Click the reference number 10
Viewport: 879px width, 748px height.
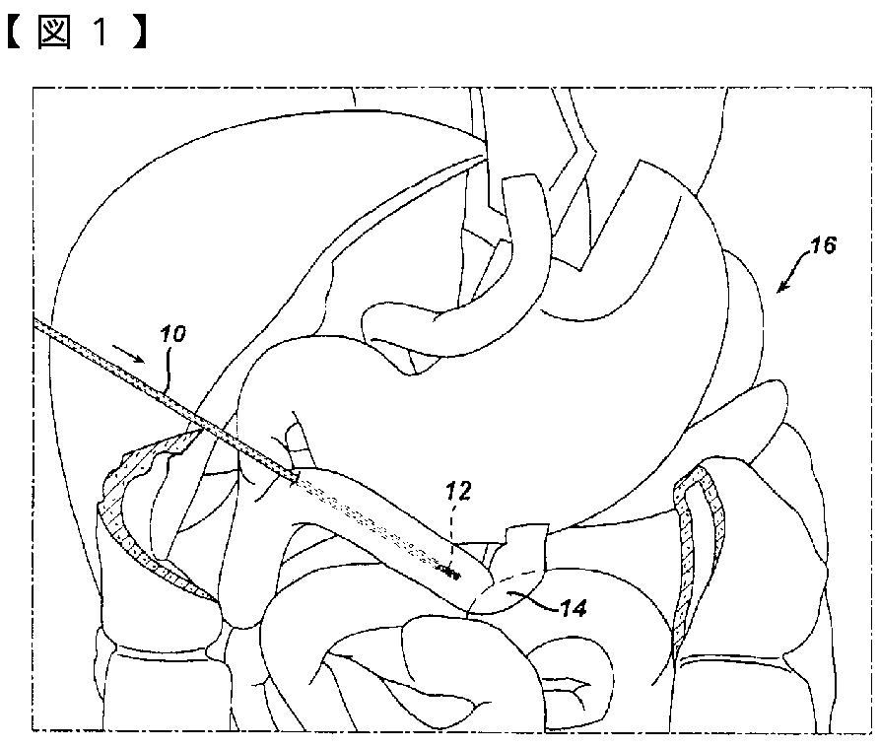172,335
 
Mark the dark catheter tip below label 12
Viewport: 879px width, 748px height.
452,573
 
